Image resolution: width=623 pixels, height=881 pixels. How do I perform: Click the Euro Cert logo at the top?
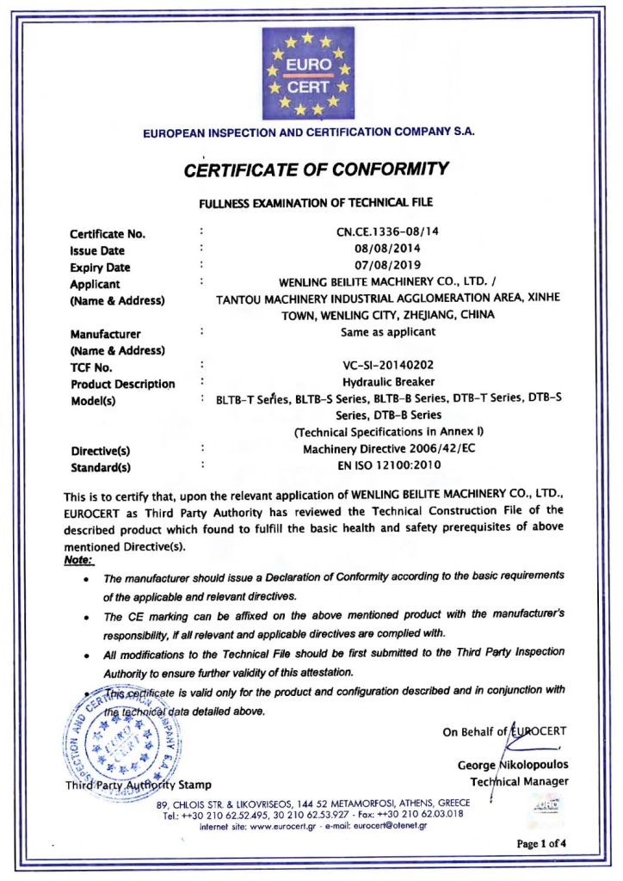(x=308, y=74)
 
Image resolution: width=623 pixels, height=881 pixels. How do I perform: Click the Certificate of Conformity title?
(x=316, y=169)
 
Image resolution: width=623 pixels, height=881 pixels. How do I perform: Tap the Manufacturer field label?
(x=106, y=334)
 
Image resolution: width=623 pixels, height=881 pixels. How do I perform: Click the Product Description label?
(x=122, y=384)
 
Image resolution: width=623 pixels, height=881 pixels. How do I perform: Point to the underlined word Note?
(x=79, y=559)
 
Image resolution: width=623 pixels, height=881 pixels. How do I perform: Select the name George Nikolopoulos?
(x=513, y=765)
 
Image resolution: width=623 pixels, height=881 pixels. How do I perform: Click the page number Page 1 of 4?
(x=541, y=844)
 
